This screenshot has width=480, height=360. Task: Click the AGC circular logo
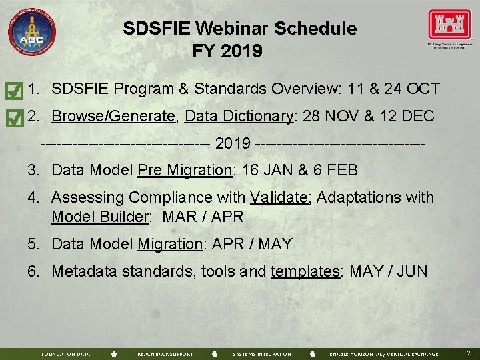pyautogui.click(x=31, y=31)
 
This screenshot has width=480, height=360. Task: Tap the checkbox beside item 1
pyautogui.click(x=12, y=90)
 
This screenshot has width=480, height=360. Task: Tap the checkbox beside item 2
pyautogui.click(x=12, y=118)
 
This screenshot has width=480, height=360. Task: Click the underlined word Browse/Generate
pyautogui.click(x=114, y=117)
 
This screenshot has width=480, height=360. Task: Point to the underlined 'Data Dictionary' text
pyautogui.click(x=239, y=117)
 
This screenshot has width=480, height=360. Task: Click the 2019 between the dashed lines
pyautogui.click(x=233, y=143)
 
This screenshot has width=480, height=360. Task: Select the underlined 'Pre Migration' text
pyautogui.click(x=185, y=170)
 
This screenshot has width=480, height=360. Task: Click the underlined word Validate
pyautogui.click(x=279, y=198)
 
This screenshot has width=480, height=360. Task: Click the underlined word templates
pyautogui.click(x=305, y=271)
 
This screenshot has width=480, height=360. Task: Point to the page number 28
pyautogui.click(x=470, y=353)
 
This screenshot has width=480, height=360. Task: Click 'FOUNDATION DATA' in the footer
pyautogui.click(x=65, y=354)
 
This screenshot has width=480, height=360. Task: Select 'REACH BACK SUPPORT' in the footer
pyautogui.click(x=165, y=354)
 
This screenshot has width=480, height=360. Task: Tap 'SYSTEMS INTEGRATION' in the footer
pyautogui.click(x=261, y=354)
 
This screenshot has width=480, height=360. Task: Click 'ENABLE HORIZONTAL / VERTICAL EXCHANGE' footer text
pyautogui.click(x=384, y=354)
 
